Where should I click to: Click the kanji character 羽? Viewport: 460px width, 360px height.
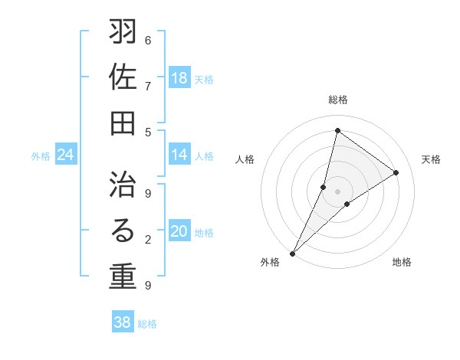(x=123, y=33)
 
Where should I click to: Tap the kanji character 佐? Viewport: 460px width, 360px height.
(x=123, y=78)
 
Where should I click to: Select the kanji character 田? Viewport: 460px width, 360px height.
(x=123, y=123)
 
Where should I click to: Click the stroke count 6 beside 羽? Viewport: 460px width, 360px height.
(x=148, y=41)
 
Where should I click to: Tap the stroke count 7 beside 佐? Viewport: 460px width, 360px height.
(x=148, y=86)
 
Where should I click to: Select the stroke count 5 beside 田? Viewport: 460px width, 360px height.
(x=148, y=131)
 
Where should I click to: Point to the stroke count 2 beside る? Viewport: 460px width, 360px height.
(x=148, y=240)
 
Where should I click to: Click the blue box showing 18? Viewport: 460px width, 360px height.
(x=179, y=77)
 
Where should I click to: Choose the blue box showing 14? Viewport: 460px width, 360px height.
(x=179, y=155)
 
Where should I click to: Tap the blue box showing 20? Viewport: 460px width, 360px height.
(x=179, y=231)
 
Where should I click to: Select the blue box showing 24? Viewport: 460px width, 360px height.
(x=66, y=155)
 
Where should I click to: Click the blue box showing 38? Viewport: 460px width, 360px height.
(x=122, y=322)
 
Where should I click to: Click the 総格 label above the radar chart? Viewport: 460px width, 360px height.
(x=337, y=100)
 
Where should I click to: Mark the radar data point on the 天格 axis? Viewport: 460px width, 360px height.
(x=396, y=172)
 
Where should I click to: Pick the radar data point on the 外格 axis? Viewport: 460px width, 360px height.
(x=292, y=254)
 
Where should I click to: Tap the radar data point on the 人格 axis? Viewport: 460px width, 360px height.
(x=324, y=186)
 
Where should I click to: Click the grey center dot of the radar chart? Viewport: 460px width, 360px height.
(x=337, y=191)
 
